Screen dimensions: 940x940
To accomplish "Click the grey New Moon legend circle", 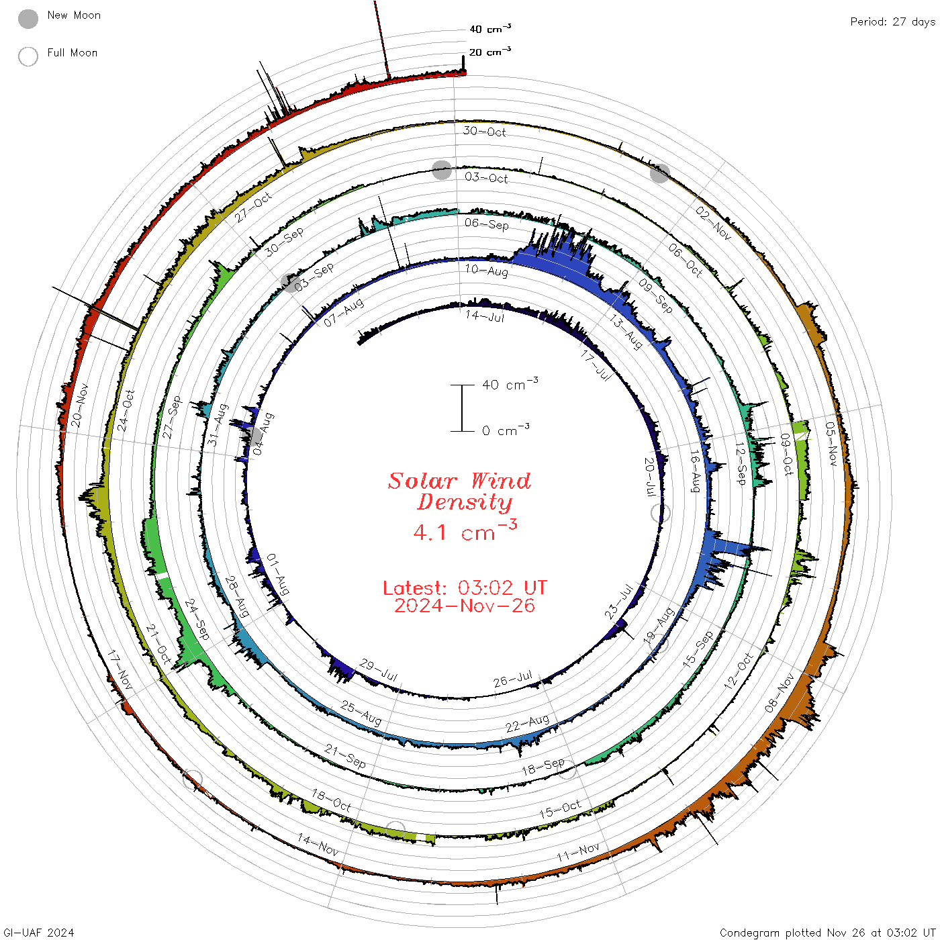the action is click(28, 19).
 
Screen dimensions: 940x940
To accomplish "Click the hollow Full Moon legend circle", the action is click(28, 56).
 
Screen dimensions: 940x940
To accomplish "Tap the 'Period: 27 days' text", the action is click(892, 22).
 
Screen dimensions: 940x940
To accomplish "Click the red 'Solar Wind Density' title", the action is click(459, 491).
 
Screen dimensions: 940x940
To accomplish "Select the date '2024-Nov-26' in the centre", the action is click(465, 606).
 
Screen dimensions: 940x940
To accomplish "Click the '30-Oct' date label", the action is click(484, 131).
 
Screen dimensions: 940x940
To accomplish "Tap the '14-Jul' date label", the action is click(484, 316).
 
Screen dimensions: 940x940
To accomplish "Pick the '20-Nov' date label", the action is click(79, 406).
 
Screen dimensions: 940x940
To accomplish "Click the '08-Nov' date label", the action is click(779, 693).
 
